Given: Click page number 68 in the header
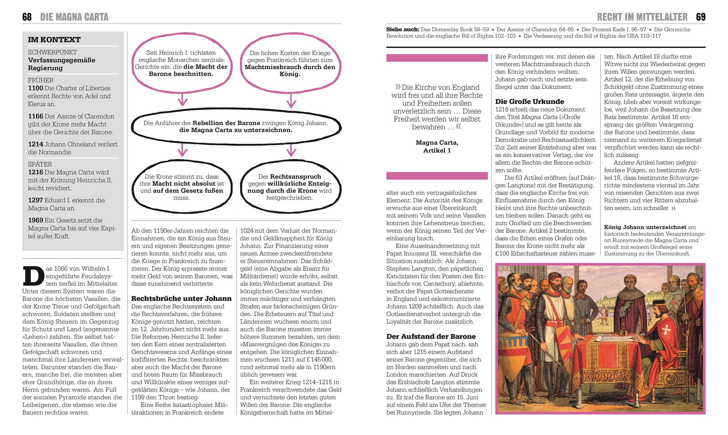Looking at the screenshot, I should click(x=27, y=17).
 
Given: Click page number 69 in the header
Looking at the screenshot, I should click(x=700, y=17).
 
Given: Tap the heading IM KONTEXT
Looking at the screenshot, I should click(x=54, y=40).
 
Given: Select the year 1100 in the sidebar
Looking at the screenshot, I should click(x=35, y=88).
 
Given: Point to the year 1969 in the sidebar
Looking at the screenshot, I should click(x=35, y=221).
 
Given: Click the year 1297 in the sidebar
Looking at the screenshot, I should click(x=35, y=201).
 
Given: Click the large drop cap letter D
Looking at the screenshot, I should click(x=33, y=276).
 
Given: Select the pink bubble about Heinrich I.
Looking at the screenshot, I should click(x=181, y=63).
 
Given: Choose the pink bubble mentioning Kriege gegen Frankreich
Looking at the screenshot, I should click(x=290, y=63).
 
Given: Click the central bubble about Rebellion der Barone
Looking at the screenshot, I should click(x=236, y=126).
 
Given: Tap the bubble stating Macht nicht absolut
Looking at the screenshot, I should click(x=181, y=187).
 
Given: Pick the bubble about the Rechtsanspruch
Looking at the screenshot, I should click(x=290, y=187).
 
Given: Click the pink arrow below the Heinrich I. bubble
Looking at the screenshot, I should click(x=183, y=100).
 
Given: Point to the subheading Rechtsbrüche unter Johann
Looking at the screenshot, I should click(x=181, y=299).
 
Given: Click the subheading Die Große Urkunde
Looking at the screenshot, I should click(x=529, y=102).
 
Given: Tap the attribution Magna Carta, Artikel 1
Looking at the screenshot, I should click(x=437, y=146).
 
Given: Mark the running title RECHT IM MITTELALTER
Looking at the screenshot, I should click(x=642, y=17).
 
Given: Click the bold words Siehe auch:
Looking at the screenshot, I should click(x=403, y=30).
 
